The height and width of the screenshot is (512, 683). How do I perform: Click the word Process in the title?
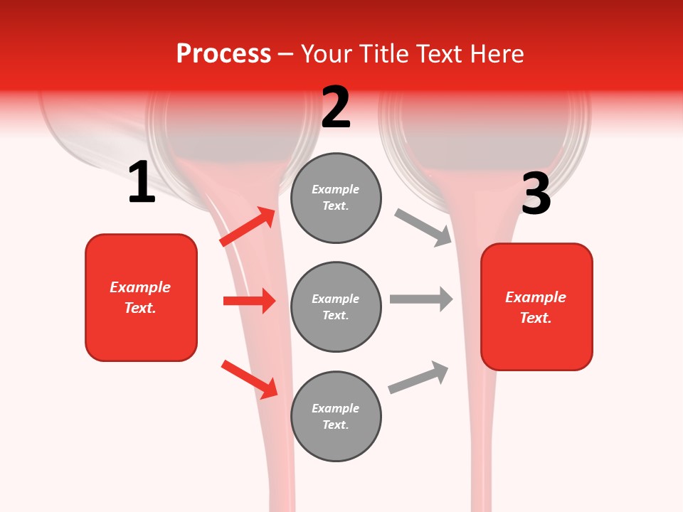(x=223, y=54)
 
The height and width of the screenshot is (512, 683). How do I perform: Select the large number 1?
(x=142, y=183)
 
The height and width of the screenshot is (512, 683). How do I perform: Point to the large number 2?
(x=336, y=107)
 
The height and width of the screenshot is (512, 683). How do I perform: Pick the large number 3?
(x=536, y=194)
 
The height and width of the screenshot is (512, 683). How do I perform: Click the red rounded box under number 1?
(x=141, y=297)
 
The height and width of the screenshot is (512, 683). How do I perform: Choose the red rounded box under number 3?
(x=536, y=307)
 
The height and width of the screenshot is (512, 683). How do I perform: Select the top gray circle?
(x=336, y=198)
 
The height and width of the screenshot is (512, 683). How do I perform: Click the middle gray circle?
(x=336, y=307)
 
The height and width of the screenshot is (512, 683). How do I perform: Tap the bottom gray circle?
(x=336, y=417)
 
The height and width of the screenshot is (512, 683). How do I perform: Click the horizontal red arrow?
(x=249, y=301)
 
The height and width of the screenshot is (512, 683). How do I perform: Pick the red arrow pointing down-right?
(x=249, y=379)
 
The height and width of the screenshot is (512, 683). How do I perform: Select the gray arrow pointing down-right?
(x=423, y=228)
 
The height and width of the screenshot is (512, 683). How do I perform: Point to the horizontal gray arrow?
(x=421, y=299)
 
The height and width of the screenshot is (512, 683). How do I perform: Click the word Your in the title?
(x=324, y=54)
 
